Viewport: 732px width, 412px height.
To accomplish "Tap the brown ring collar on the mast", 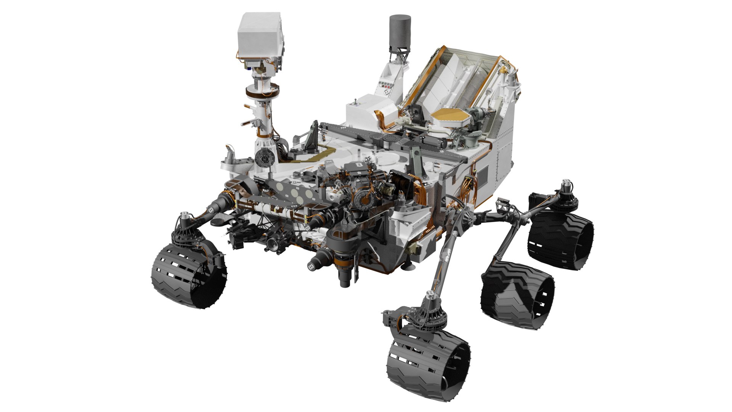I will click(262, 92).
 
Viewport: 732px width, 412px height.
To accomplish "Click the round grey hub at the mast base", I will click(263, 156).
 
